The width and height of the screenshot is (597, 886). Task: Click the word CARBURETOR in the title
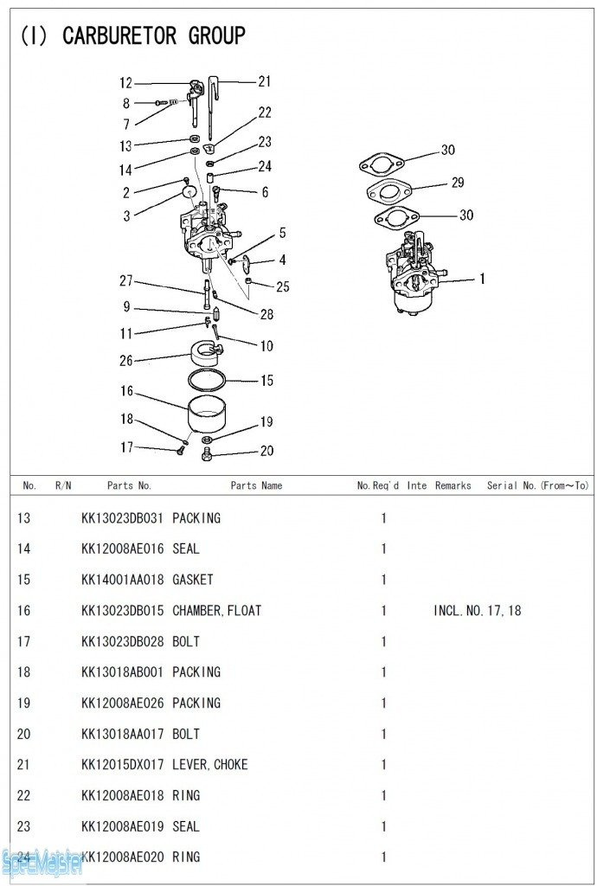(x=119, y=35)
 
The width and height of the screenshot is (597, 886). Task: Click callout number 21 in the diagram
(x=264, y=81)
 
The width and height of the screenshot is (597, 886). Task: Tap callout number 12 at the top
(x=126, y=83)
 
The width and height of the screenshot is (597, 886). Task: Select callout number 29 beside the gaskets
(x=457, y=183)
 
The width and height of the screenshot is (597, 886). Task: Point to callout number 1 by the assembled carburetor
(x=482, y=279)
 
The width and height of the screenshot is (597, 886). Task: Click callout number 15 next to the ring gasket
(x=266, y=380)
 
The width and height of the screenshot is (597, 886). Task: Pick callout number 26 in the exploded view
(x=126, y=361)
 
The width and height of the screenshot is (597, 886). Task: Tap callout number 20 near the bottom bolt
(x=266, y=451)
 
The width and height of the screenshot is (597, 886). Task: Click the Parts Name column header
(x=256, y=485)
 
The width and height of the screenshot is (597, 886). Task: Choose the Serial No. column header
(x=536, y=485)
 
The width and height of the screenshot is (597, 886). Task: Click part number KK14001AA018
(x=122, y=580)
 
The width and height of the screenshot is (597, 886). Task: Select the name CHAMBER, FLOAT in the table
(x=216, y=611)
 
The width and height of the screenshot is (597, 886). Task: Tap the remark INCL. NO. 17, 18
(x=477, y=611)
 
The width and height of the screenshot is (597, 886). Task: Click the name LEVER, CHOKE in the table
(x=209, y=765)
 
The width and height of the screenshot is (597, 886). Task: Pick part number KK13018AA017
(x=122, y=734)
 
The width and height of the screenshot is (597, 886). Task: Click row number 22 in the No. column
(x=23, y=796)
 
